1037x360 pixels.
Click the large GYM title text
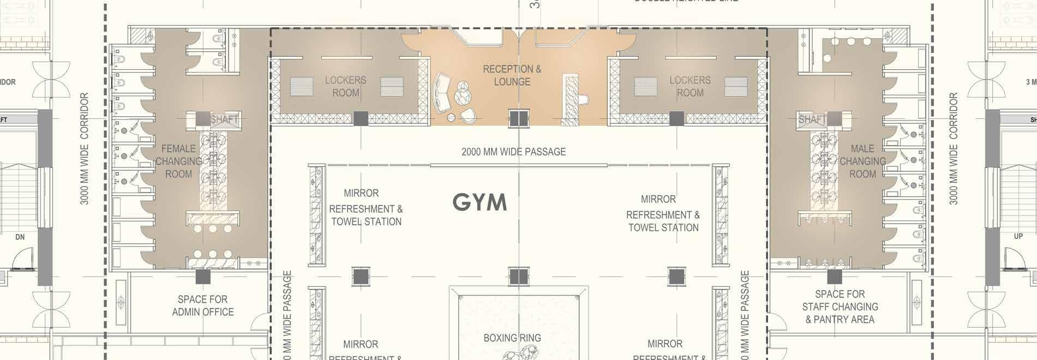click(x=479, y=202)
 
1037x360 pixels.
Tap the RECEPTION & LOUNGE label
click(x=512, y=75)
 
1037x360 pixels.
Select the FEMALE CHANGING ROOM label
click(x=178, y=161)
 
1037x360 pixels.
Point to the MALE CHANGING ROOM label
click(x=862, y=161)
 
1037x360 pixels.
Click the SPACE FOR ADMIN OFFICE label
click(x=203, y=305)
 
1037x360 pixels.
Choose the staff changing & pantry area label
click(x=840, y=307)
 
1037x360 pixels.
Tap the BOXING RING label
click(x=512, y=338)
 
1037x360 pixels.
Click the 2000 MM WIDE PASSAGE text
click(x=513, y=152)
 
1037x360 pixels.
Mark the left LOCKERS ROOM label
click(x=345, y=86)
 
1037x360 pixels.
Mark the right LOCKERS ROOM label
click(x=690, y=86)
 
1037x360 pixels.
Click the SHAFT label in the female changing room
click(x=224, y=119)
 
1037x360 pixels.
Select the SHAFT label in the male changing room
click(x=812, y=119)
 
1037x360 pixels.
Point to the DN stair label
click(x=20, y=237)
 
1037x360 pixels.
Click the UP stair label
click(x=1018, y=237)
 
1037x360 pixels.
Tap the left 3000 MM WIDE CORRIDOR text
click(x=85, y=148)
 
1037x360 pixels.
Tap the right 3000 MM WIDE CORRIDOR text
click(x=953, y=148)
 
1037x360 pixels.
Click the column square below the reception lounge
click(x=519, y=118)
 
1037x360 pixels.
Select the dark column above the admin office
click(x=203, y=277)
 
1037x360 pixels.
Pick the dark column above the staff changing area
click(x=834, y=277)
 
